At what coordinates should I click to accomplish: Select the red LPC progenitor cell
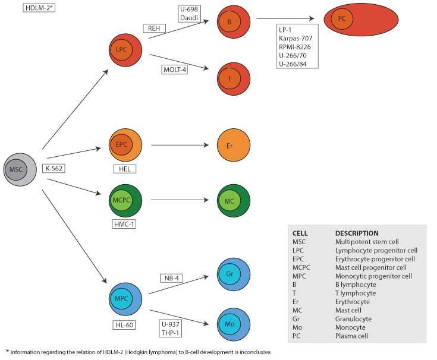tap(125, 50)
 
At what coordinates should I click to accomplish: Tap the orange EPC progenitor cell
tap(125, 144)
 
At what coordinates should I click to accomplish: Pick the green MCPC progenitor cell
tap(125, 201)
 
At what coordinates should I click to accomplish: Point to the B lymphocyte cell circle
tap(234, 21)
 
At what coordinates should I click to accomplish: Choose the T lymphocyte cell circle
tap(234, 78)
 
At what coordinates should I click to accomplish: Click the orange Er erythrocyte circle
tap(234, 145)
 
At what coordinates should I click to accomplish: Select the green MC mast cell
tap(234, 201)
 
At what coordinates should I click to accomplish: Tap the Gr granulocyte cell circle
tap(234, 275)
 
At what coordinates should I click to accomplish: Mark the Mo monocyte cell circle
tap(234, 324)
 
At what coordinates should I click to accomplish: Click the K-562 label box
tap(54, 168)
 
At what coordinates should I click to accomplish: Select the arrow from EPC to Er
tap(181, 145)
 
